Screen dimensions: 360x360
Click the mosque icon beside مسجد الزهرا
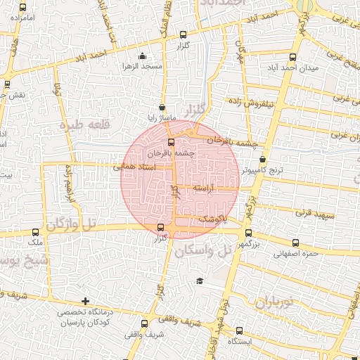[x=143, y=56]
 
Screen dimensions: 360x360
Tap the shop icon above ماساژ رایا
[x=163, y=108]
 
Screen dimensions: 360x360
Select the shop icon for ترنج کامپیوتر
[x=263, y=160]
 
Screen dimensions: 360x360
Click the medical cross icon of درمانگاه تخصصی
[x=86, y=302]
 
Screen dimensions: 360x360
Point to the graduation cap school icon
[x=200, y=281]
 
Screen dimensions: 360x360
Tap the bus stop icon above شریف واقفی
[x=144, y=324]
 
